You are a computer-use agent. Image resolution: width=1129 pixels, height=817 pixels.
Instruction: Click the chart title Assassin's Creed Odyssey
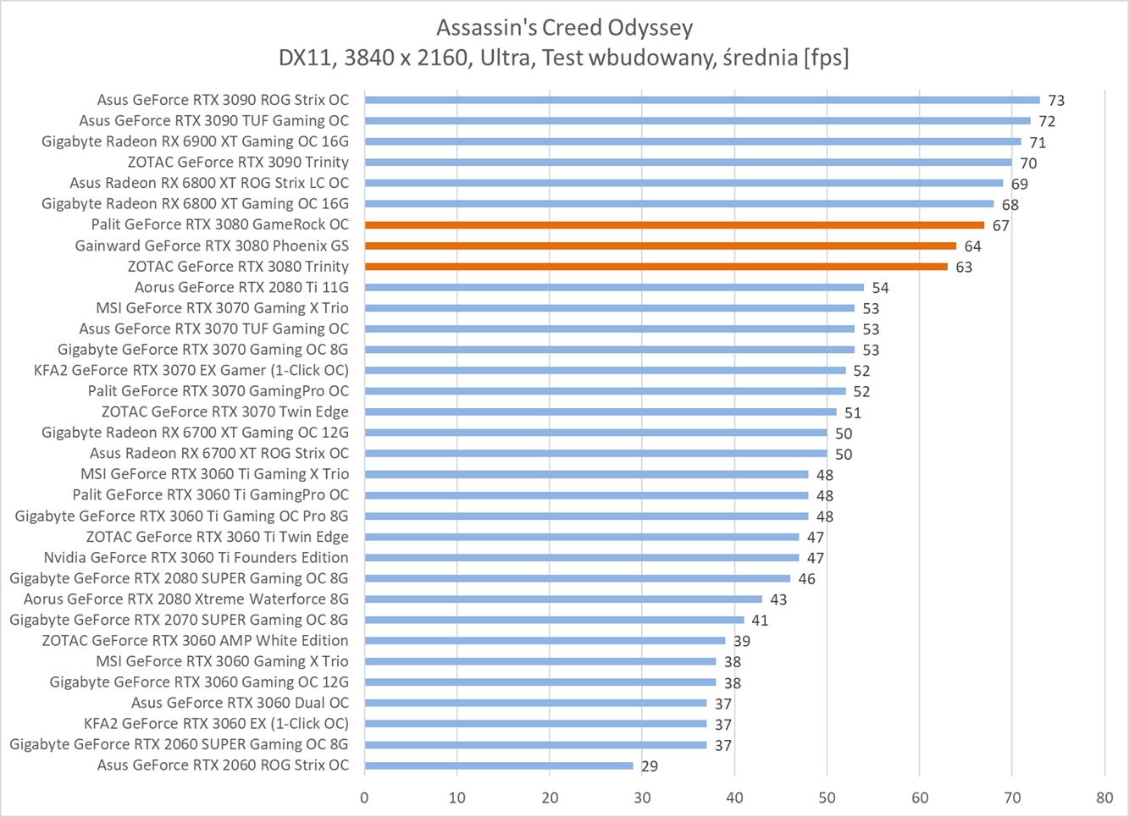pyautogui.click(x=564, y=28)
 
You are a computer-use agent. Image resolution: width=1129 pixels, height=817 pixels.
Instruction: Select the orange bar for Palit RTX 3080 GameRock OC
pyautogui.click(x=674, y=225)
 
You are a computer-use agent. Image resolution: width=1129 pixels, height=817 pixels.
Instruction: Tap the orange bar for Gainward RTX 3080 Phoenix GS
pyautogui.click(x=661, y=246)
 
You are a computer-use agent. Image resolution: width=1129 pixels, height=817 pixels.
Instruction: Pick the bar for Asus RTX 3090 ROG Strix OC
pyautogui.click(x=702, y=100)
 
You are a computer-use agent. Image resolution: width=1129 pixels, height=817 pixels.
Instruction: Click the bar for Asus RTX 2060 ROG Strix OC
pyautogui.click(x=499, y=765)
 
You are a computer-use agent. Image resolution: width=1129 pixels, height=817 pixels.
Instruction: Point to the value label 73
pyautogui.click(x=1056, y=101)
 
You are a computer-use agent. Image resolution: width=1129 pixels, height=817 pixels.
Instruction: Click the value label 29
pyautogui.click(x=650, y=766)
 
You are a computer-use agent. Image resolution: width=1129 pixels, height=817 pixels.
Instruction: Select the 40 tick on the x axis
pyautogui.click(x=734, y=797)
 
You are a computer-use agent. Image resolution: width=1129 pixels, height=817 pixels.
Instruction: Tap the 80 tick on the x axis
pyautogui.click(x=1104, y=797)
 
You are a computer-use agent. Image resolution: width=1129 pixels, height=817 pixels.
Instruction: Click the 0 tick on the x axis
pyautogui.click(x=364, y=797)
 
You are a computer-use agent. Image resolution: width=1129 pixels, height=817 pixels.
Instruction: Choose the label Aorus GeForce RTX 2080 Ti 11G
pyautogui.click(x=241, y=288)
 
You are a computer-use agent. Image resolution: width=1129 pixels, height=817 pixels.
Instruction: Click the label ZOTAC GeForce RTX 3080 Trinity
pyautogui.click(x=238, y=267)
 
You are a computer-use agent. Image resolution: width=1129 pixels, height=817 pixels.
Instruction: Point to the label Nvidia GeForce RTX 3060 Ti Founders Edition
pyautogui.click(x=196, y=557)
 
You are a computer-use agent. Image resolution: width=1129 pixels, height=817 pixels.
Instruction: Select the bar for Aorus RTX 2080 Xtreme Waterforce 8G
pyautogui.click(x=563, y=599)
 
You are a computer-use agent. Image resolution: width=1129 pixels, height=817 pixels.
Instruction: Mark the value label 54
pyautogui.click(x=880, y=288)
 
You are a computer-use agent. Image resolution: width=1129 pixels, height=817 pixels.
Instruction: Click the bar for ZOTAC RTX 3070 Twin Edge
pyautogui.click(x=600, y=412)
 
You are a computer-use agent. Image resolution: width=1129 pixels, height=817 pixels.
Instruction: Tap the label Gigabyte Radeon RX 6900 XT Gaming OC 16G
pyautogui.click(x=195, y=141)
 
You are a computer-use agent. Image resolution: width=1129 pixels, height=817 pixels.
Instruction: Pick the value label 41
pyautogui.click(x=760, y=621)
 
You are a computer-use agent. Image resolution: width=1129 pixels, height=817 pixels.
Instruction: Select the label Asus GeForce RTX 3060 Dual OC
pyautogui.click(x=240, y=703)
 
